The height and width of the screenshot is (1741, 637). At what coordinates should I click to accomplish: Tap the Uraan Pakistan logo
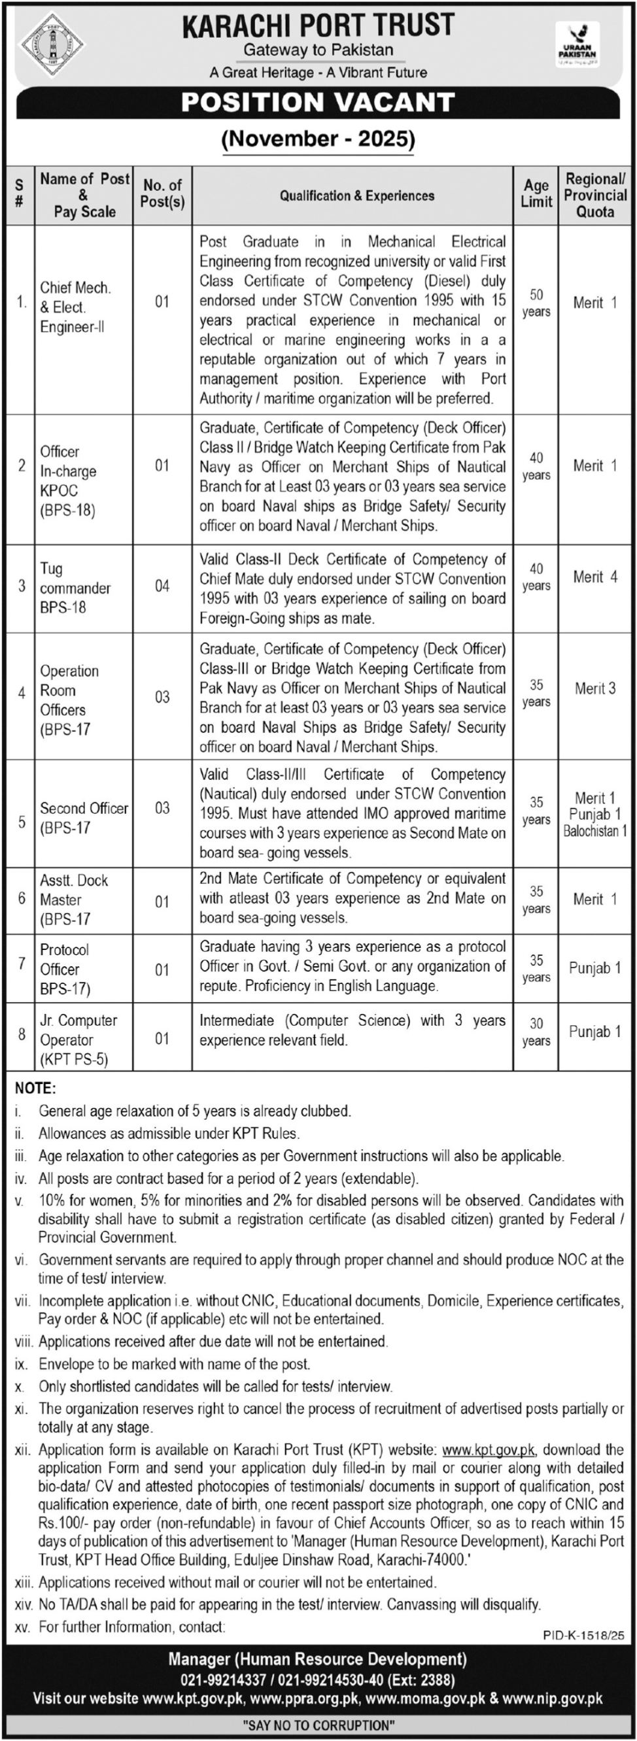tap(577, 44)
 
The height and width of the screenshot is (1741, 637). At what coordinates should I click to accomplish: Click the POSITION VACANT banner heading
tap(318, 103)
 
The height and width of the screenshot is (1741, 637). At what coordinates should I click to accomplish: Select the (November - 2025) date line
tap(318, 139)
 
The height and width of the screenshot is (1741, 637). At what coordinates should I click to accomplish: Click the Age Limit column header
tap(536, 194)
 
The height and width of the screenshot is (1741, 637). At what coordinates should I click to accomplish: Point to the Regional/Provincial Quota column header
tap(595, 195)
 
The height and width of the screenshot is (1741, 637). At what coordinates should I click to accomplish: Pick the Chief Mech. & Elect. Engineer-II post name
tap(75, 307)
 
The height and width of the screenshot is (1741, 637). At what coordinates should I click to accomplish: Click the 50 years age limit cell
tap(536, 303)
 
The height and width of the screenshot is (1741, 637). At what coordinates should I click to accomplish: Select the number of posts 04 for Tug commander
tap(162, 586)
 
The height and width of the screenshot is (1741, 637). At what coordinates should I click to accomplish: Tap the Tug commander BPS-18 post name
tap(75, 588)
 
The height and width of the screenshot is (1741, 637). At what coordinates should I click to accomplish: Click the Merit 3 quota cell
tap(595, 688)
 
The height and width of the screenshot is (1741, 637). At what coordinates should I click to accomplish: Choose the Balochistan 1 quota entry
tap(595, 832)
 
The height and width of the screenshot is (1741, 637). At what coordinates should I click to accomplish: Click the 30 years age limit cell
tap(536, 1032)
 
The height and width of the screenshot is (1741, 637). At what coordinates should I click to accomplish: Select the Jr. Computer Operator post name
tap(78, 1040)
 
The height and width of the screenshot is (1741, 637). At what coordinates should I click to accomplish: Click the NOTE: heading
tap(35, 1088)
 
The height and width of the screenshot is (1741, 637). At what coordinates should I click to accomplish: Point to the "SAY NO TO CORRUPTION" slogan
tap(318, 1725)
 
